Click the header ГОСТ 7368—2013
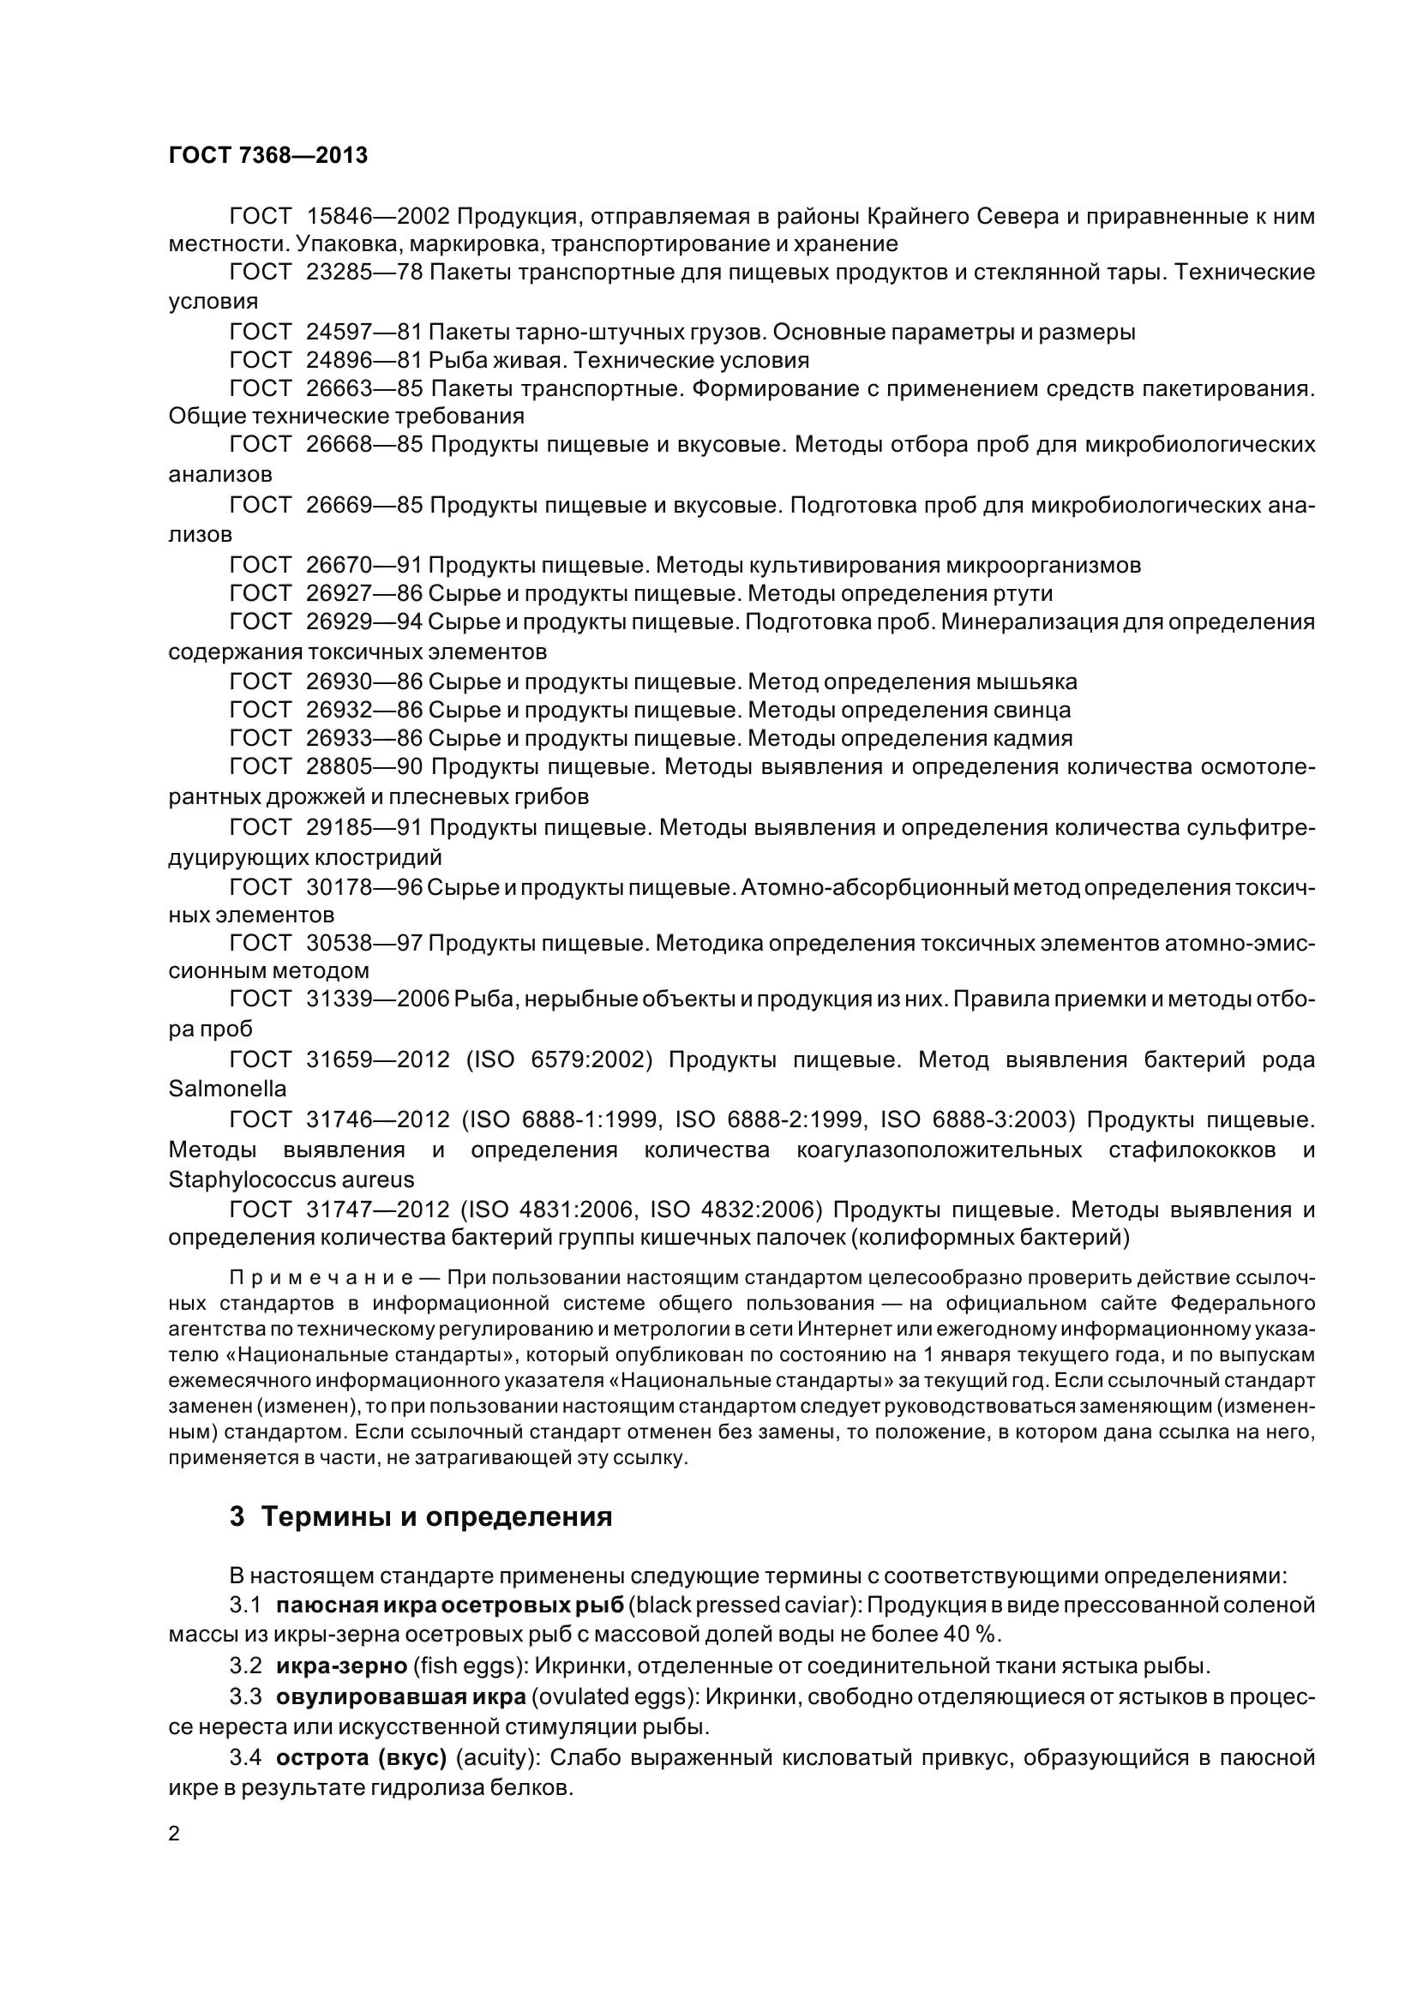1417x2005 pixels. click(267, 155)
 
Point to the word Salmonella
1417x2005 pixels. click(227, 1089)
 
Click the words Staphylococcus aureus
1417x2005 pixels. click(291, 1180)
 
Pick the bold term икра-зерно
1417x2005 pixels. click(341, 1666)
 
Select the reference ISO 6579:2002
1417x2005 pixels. click(560, 1060)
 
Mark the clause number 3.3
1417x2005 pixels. click(245, 1696)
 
